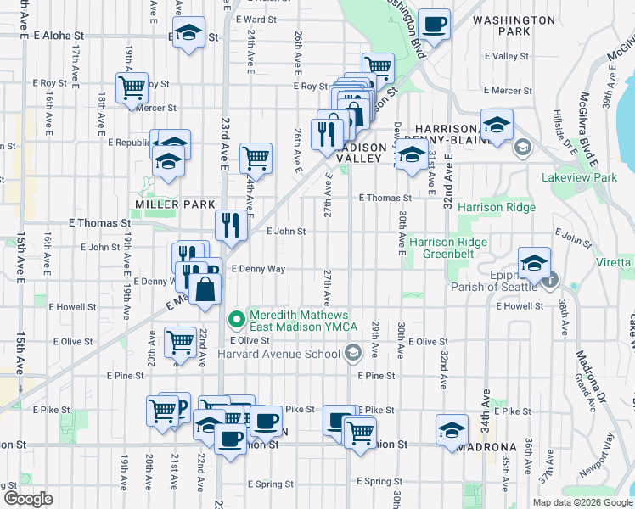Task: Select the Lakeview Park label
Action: [x=580, y=177]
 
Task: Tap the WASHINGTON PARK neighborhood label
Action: [x=514, y=25]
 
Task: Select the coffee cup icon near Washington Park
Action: [x=435, y=25]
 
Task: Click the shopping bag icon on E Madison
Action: [x=206, y=289]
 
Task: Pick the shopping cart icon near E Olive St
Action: [x=179, y=343]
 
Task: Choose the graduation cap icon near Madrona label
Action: [x=452, y=429]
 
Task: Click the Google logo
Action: [x=28, y=499]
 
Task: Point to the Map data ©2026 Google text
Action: [x=582, y=502]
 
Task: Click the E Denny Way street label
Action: [x=256, y=269]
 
